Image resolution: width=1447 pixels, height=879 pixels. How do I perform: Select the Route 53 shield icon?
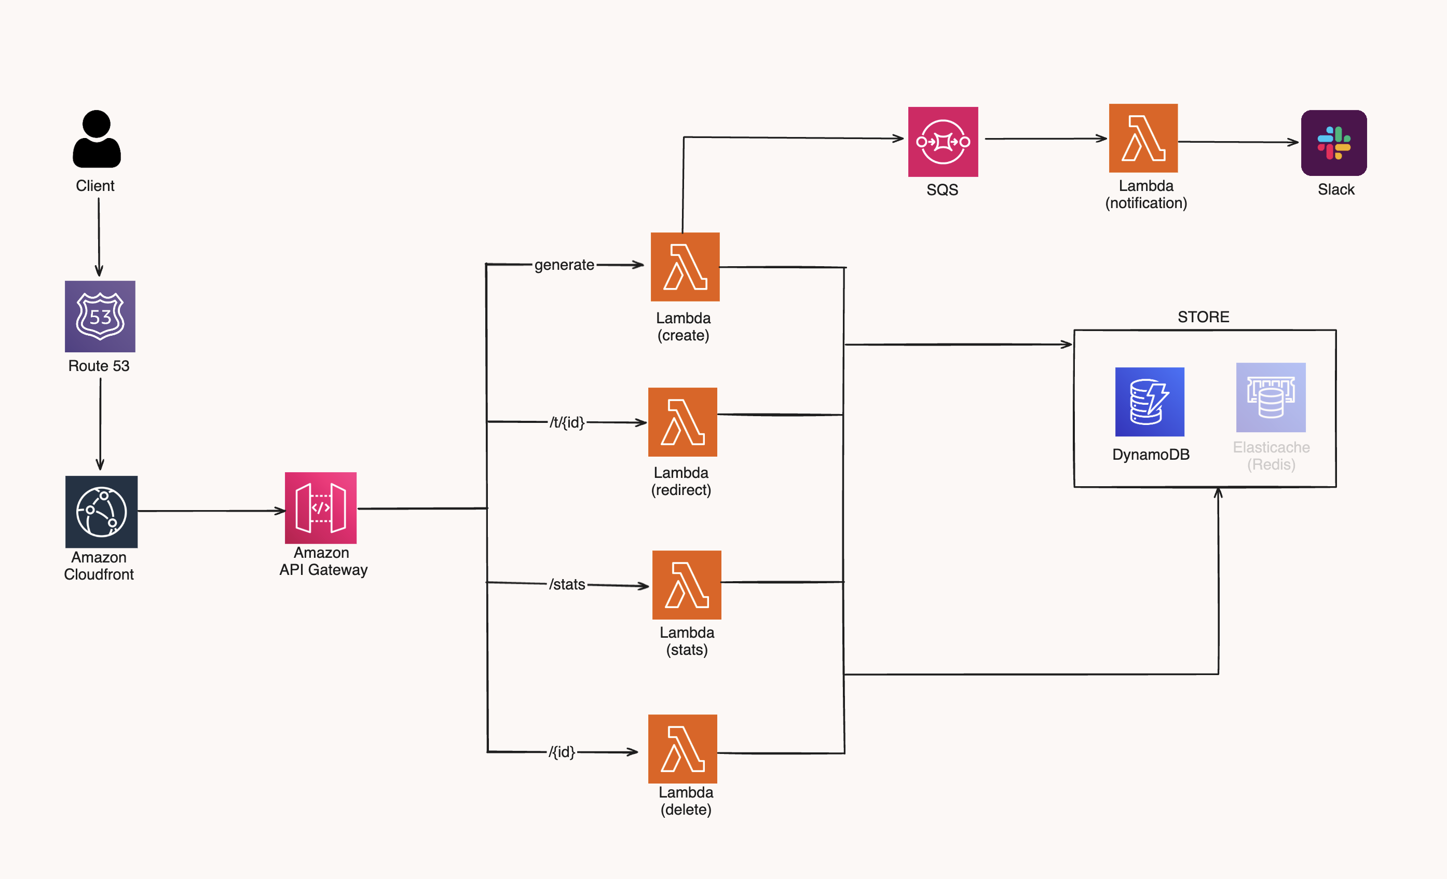(x=100, y=317)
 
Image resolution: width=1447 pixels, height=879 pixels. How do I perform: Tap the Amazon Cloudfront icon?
(x=101, y=512)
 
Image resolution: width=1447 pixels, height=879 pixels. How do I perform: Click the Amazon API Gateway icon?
(x=321, y=508)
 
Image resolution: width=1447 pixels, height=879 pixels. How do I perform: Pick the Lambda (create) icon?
(x=685, y=267)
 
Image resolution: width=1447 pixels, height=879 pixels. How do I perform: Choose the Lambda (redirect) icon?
(x=682, y=422)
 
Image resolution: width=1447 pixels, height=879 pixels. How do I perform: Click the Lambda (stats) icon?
(x=687, y=585)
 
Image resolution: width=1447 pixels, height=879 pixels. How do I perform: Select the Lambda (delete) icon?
(x=682, y=749)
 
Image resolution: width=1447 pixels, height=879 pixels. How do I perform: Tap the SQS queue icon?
(x=943, y=142)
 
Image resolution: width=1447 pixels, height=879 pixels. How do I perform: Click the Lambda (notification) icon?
(x=1143, y=139)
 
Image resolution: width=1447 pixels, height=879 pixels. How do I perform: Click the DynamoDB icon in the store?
(x=1149, y=402)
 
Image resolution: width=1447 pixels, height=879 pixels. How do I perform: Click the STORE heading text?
(x=1203, y=317)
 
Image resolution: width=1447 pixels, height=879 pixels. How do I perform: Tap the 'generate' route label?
(x=564, y=265)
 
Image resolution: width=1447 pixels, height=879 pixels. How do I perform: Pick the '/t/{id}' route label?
(x=567, y=422)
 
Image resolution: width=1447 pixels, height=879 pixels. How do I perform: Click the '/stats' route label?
(x=567, y=584)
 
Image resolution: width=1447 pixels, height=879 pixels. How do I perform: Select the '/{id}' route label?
(x=562, y=751)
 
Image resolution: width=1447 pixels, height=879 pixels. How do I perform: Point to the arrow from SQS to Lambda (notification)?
(x=1045, y=139)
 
